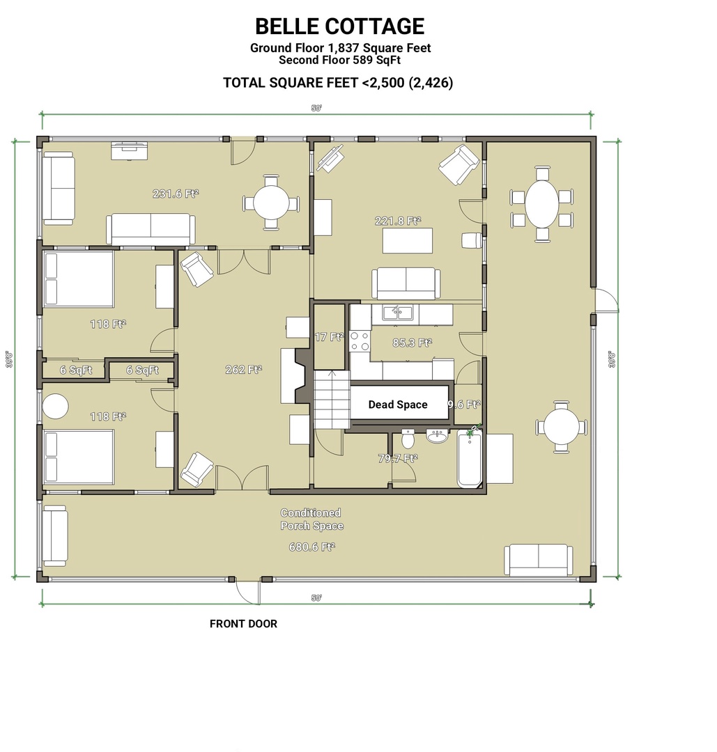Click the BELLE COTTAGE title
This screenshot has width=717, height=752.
(x=339, y=26)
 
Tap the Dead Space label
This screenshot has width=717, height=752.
(x=398, y=405)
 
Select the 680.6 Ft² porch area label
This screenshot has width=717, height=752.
(x=311, y=547)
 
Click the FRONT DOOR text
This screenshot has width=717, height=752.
(x=243, y=624)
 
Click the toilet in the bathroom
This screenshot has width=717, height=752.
(x=408, y=439)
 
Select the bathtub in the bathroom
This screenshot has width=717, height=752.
(x=470, y=459)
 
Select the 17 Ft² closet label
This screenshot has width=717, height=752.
(x=329, y=337)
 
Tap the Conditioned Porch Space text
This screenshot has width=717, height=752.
(x=311, y=519)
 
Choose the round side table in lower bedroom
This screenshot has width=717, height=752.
(x=56, y=406)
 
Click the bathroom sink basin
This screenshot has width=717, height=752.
(x=437, y=437)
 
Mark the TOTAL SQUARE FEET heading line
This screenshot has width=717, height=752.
(x=338, y=83)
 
